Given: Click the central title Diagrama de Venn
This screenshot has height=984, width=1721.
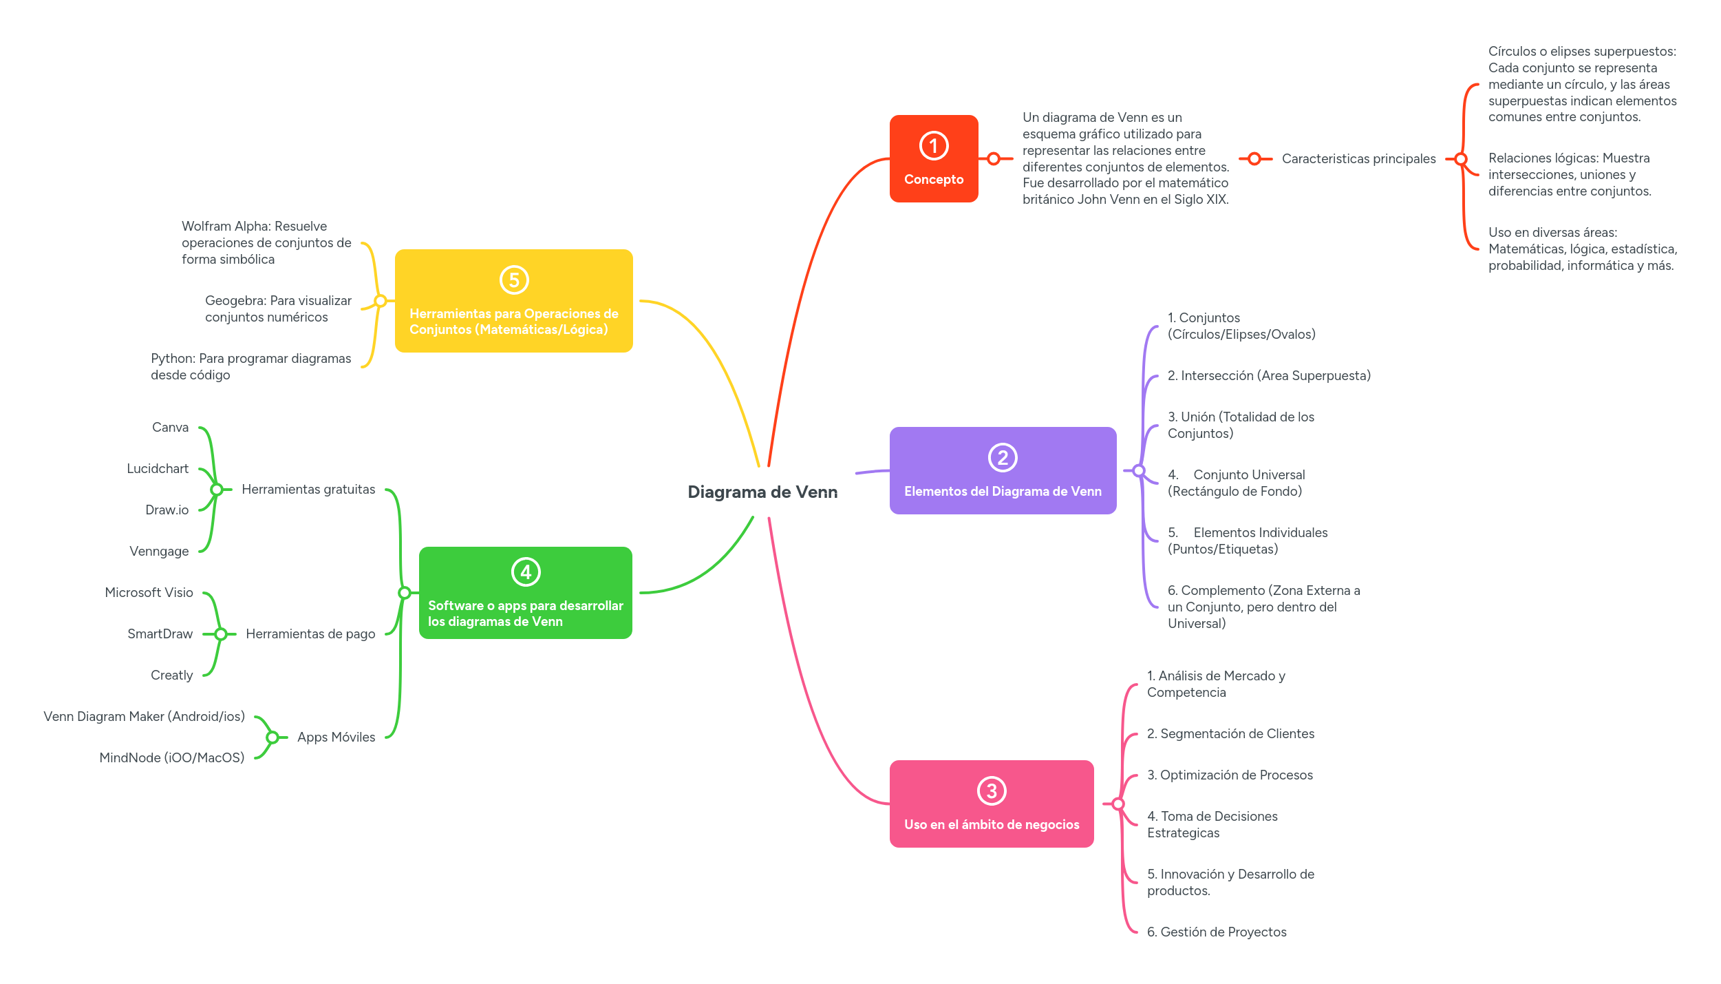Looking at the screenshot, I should (762, 492).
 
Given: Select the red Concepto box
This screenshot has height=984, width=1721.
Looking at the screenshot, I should (933, 159).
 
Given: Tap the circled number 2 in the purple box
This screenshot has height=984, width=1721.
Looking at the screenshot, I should (1002, 458).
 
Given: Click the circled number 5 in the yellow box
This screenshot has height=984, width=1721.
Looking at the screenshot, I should (513, 280).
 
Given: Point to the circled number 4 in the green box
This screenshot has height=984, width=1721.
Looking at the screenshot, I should (526, 572).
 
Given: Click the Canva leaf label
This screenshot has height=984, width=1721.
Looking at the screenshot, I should (170, 428).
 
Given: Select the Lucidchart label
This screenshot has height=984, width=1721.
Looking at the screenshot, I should (158, 469).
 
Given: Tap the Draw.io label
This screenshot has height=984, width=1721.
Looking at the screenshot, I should (167, 510).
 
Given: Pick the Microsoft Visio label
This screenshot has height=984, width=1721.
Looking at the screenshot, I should (149, 593).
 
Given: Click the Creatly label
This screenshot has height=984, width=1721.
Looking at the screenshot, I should (171, 676).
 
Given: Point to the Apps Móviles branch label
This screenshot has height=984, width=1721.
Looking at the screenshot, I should (336, 737).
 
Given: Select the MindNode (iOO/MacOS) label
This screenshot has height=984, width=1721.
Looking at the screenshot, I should (172, 758).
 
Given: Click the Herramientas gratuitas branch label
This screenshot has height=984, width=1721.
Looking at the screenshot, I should (308, 490).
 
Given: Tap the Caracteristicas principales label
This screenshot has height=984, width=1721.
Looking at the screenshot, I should (1358, 159).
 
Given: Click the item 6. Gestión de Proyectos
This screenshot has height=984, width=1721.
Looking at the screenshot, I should (1216, 932).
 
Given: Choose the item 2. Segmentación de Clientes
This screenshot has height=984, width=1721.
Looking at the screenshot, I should (1230, 734).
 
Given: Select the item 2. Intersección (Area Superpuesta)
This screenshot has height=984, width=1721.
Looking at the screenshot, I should (1268, 376).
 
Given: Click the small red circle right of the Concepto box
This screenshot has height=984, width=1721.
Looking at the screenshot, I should (993, 159).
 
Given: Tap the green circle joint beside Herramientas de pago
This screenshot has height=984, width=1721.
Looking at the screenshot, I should (221, 634).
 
